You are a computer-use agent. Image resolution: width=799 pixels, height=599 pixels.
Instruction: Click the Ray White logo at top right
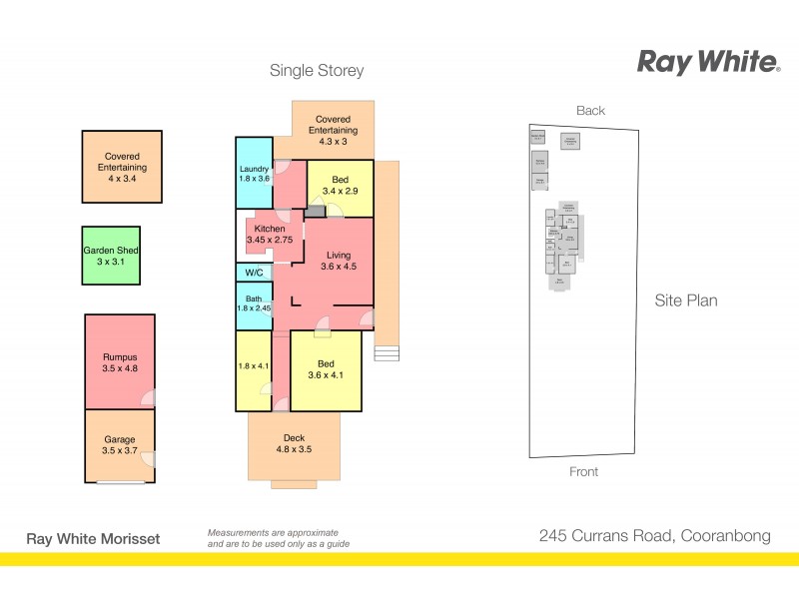point(708,63)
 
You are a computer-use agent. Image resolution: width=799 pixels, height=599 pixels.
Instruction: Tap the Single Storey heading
point(317,71)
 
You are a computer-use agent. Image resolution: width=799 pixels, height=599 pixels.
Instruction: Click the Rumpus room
point(119,362)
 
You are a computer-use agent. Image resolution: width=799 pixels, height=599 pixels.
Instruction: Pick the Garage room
point(119,445)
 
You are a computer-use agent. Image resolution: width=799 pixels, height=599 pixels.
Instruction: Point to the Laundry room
point(254,173)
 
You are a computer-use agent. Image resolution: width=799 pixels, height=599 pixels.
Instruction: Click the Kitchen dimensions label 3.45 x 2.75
point(269,240)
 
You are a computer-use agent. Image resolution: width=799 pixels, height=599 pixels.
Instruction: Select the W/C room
point(254,273)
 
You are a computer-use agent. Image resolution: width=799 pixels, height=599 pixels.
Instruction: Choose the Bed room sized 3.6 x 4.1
point(326,369)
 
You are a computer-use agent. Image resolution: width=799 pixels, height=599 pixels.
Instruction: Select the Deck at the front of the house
point(294,444)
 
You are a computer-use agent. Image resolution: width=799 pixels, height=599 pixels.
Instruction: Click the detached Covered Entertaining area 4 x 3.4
point(121,167)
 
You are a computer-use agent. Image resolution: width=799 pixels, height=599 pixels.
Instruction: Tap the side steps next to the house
point(386,353)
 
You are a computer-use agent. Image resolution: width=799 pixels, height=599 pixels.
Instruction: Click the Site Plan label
point(686,299)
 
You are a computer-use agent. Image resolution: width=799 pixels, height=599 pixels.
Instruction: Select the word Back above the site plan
point(590,111)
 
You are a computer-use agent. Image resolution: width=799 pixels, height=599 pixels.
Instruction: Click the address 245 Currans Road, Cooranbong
point(654,536)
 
